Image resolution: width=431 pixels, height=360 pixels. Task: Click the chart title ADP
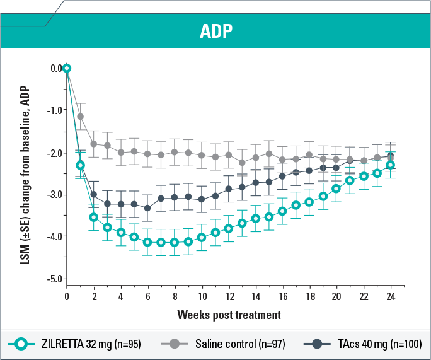click(215, 32)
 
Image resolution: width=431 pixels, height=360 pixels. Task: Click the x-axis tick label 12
click(229, 296)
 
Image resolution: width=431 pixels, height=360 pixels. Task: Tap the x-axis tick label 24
click(390, 296)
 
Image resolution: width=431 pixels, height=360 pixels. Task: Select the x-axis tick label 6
click(148, 296)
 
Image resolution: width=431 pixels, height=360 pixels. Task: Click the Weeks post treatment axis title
click(229, 314)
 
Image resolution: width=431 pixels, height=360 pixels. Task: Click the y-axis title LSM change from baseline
click(25, 173)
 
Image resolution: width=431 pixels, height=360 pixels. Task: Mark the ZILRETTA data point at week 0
click(67, 68)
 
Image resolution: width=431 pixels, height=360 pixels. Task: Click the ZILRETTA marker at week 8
click(175, 242)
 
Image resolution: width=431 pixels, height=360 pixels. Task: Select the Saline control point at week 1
click(80, 116)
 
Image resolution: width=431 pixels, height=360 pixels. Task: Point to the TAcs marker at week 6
click(147, 208)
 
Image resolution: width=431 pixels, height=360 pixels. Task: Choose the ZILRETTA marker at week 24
click(390, 165)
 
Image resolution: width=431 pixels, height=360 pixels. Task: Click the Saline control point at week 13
click(242, 162)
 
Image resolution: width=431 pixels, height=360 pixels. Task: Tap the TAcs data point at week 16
click(282, 176)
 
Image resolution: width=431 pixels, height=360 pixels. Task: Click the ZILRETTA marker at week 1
click(80, 165)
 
